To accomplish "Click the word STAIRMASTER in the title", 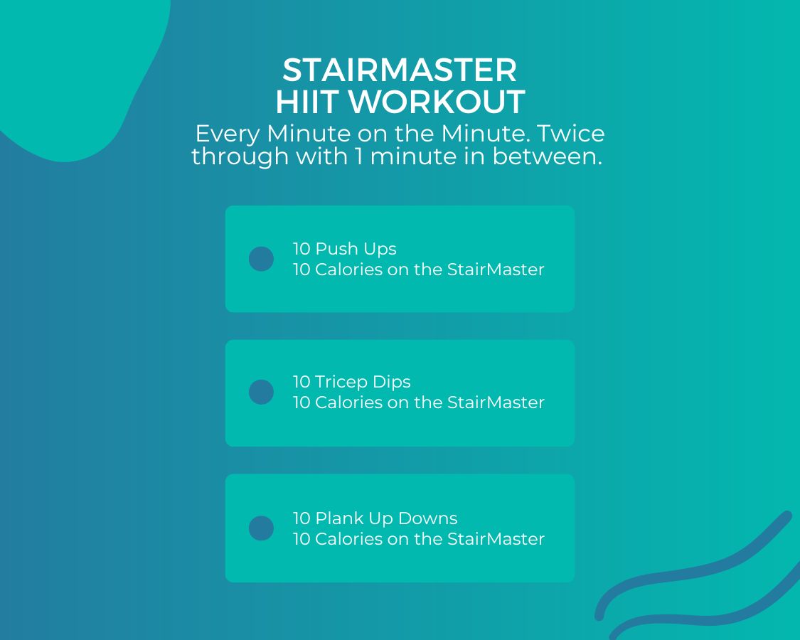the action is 400,70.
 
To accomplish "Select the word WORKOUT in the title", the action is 437,101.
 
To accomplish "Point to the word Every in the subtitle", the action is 228,134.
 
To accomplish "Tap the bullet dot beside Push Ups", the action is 261,259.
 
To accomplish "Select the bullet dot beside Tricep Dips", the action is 261,392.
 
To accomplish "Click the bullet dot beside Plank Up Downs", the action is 261,528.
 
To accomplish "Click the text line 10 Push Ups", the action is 344,249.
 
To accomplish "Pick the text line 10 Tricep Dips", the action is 351,382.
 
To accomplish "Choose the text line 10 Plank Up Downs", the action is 375,518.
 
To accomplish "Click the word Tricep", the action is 341,383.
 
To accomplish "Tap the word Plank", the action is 339,518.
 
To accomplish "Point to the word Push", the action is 338,249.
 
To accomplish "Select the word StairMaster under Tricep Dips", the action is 496,402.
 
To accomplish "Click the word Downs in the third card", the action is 427,518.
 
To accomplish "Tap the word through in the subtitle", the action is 240,156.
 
